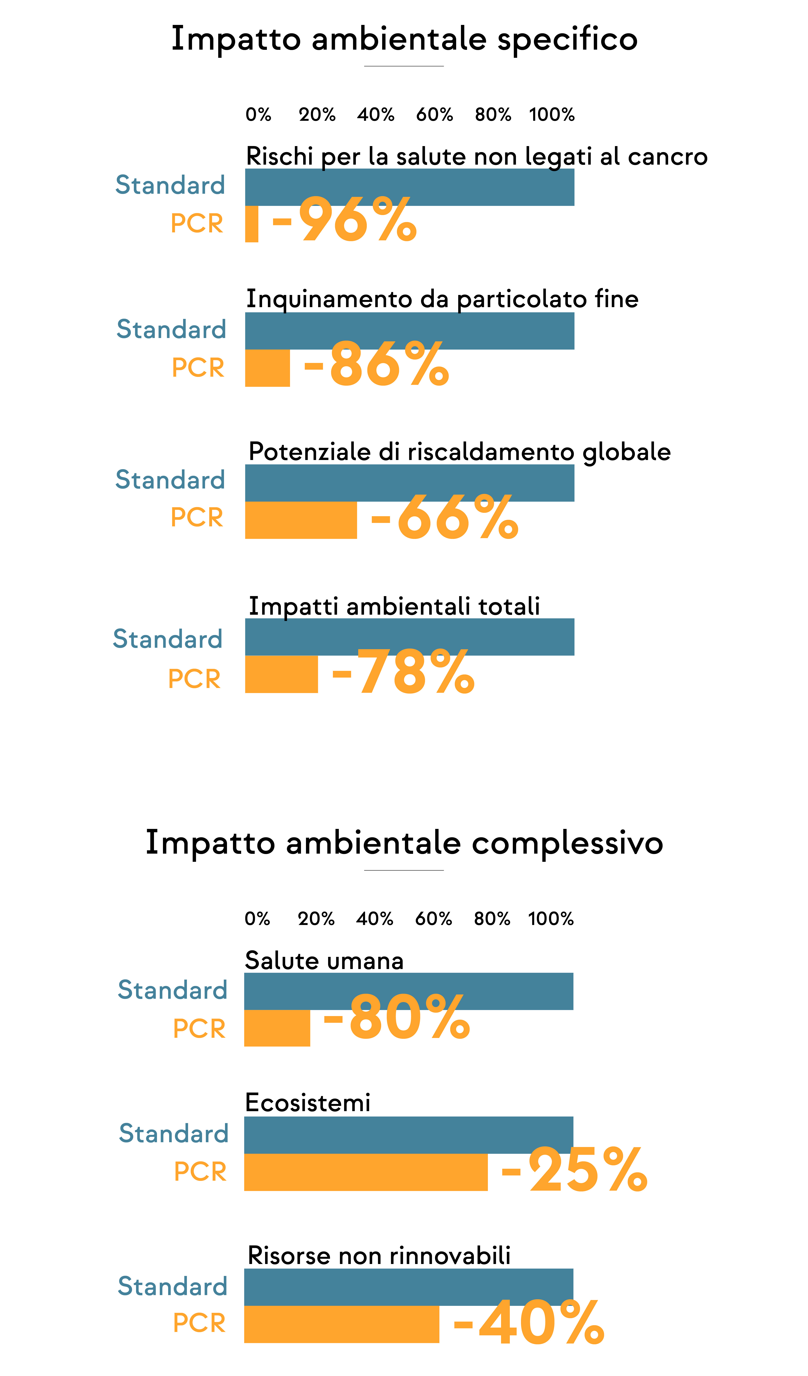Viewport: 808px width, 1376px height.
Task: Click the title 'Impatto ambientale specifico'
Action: [404, 39]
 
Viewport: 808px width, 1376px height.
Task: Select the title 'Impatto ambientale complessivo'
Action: [404, 842]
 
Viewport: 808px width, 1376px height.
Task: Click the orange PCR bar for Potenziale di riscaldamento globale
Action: [301, 520]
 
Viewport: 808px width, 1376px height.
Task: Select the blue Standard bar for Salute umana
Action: [409, 991]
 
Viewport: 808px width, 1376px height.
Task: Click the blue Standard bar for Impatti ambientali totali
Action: [410, 637]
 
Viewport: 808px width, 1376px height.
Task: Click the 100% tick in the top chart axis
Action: [552, 115]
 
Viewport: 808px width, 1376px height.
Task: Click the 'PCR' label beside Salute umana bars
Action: [199, 1029]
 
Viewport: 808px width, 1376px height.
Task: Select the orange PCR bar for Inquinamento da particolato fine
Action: [267, 368]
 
